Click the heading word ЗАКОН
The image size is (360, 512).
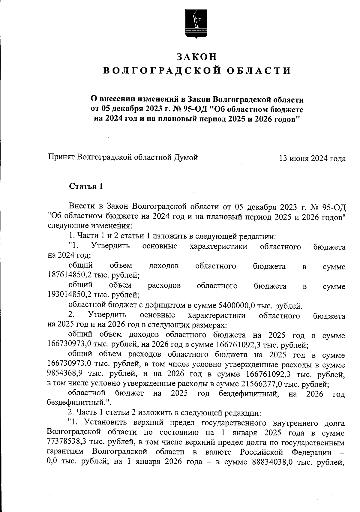[196, 57]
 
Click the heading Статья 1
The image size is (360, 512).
[86, 187]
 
